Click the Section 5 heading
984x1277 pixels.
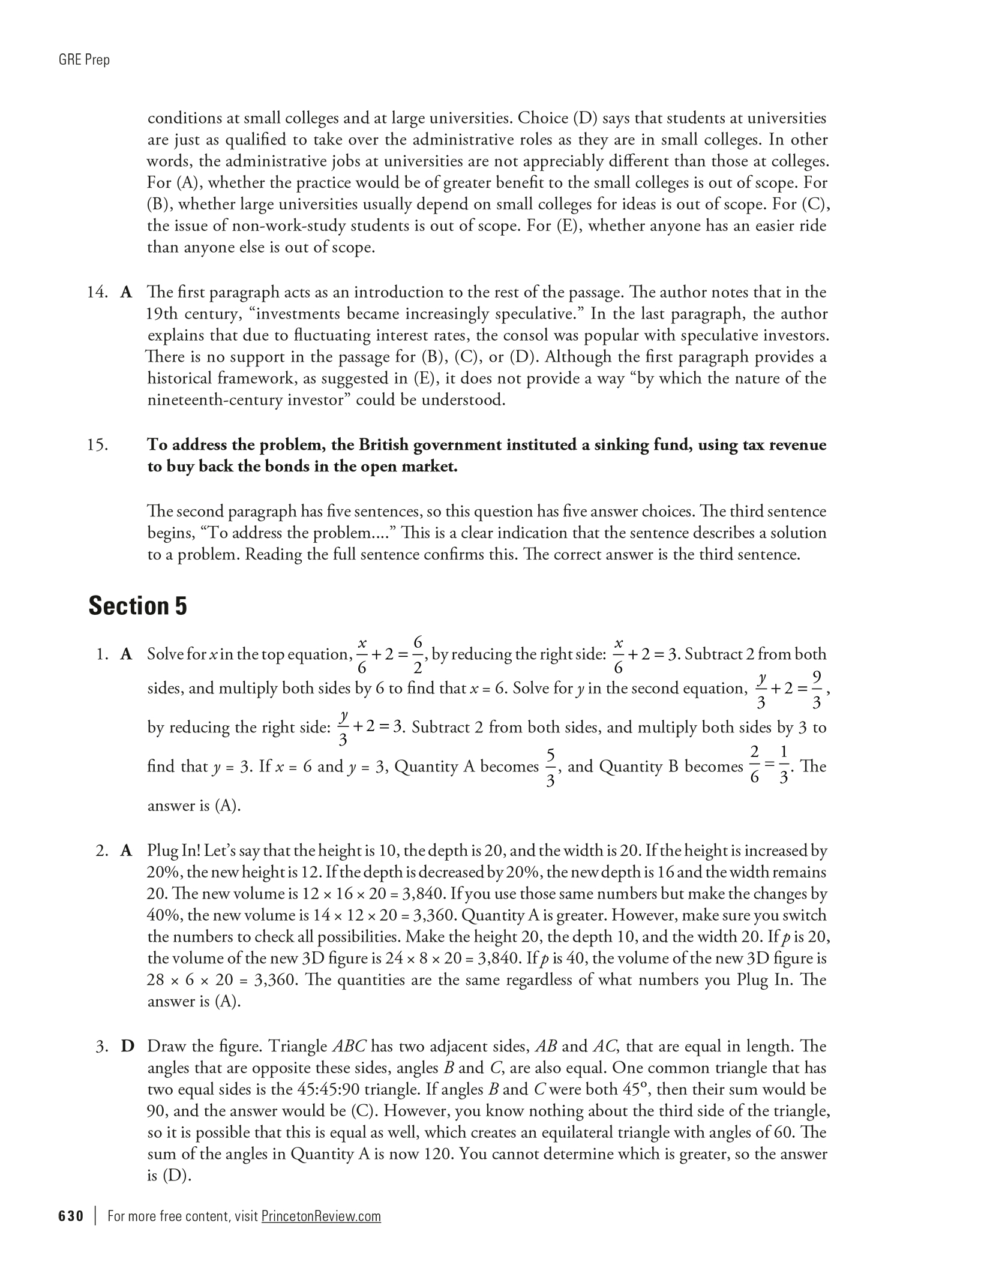[x=137, y=606]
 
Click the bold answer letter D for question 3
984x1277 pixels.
[x=127, y=1047]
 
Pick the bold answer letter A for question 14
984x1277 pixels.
[x=126, y=292]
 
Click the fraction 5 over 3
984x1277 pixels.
[x=550, y=767]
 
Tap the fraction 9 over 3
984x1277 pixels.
[x=816, y=688]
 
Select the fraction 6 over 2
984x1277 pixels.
[x=418, y=654]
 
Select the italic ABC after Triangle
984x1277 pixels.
[x=350, y=1047]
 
